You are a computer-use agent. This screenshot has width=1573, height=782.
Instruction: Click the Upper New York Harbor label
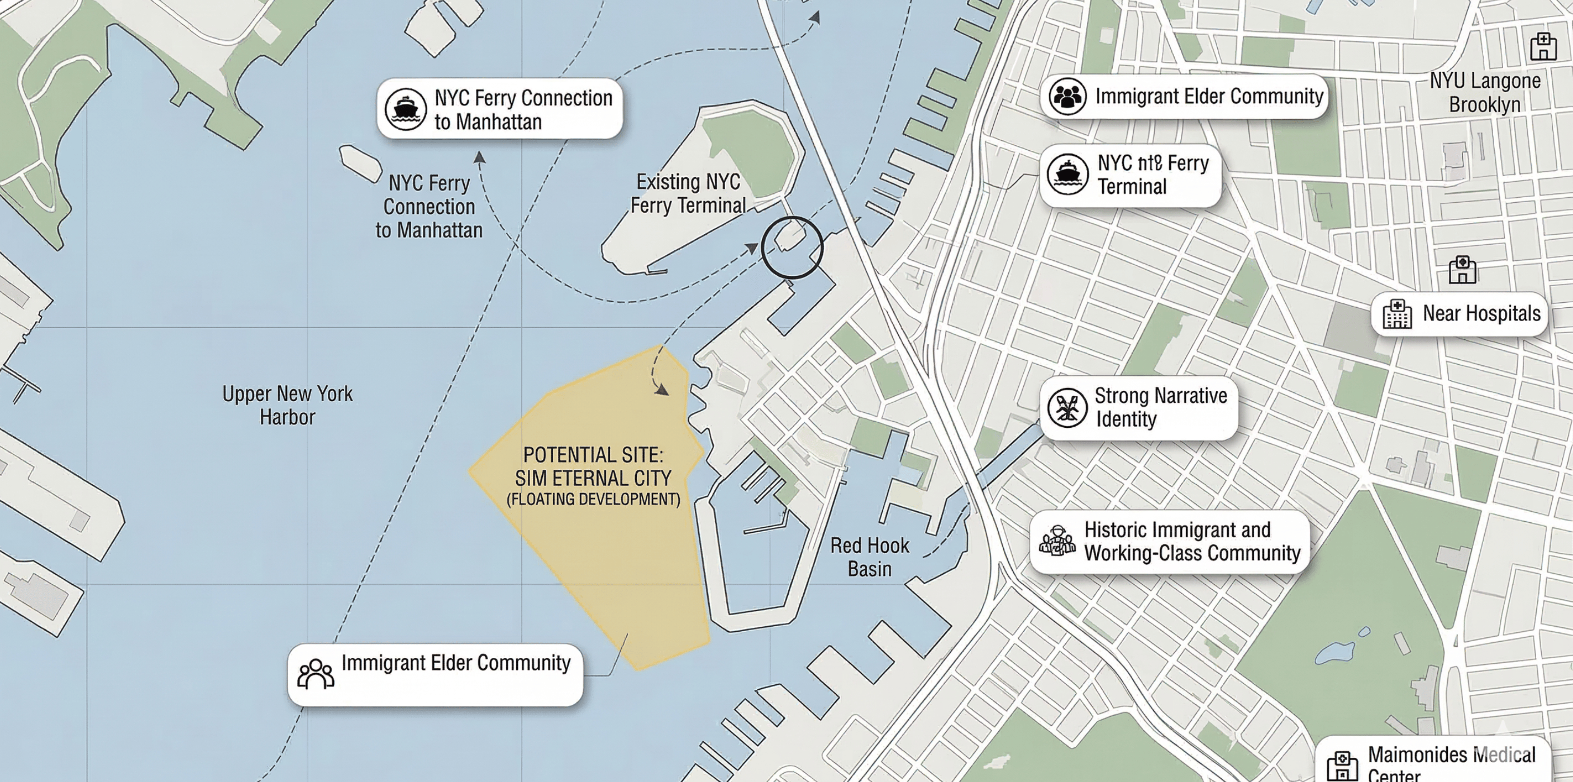287,406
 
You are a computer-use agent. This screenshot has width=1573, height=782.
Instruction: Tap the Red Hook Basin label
870,557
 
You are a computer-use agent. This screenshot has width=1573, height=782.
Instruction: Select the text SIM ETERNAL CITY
593,478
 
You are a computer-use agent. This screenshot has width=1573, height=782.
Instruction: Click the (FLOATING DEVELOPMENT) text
593,499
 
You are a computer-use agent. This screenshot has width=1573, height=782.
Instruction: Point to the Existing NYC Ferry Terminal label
688,193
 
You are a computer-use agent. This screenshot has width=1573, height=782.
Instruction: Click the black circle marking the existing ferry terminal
792,247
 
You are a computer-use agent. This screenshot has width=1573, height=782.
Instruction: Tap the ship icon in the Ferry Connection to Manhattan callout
406,109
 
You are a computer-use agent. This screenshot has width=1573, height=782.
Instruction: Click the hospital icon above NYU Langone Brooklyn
1543,46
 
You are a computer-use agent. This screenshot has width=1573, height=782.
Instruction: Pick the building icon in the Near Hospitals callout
1397,314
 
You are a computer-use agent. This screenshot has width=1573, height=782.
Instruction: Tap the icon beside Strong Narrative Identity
1067,407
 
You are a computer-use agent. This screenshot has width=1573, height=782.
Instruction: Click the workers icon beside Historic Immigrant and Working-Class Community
1057,540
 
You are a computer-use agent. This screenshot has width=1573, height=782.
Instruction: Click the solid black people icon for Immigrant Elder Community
1067,97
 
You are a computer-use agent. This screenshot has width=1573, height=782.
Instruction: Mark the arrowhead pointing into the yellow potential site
662,390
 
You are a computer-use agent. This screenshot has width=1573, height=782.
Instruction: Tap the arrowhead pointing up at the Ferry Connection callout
480,158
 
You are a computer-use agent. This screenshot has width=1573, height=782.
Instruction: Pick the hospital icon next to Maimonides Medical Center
1343,765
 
